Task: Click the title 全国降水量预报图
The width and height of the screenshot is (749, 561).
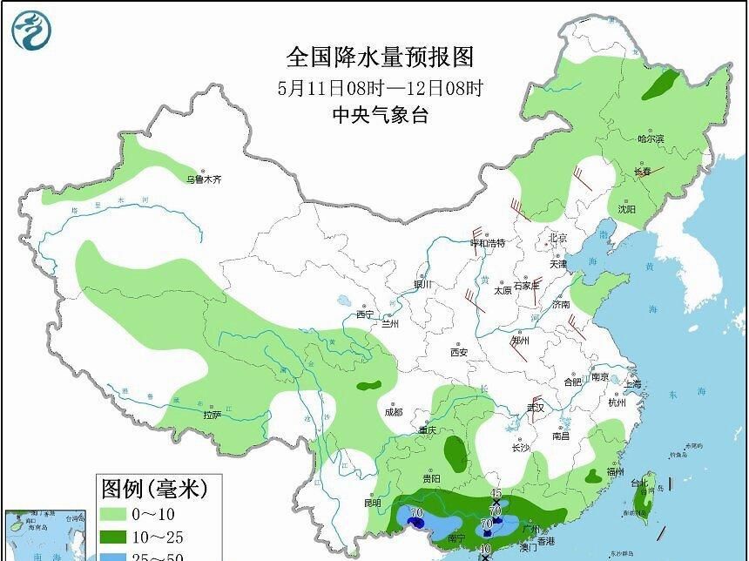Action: tap(380, 57)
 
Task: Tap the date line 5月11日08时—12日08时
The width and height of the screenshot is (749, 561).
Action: tap(380, 87)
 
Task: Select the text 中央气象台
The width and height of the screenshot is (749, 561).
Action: tap(380, 115)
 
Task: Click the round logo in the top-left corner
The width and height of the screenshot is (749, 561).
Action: tap(31, 30)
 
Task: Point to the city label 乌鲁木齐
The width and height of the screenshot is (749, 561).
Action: tap(204, 179)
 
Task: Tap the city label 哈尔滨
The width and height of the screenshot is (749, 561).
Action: tap(650, 139)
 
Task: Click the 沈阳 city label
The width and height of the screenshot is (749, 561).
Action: tap(626, 209)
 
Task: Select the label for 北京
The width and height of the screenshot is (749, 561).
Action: tap(557, 238)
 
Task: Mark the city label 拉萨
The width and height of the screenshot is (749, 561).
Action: tap(213, 416)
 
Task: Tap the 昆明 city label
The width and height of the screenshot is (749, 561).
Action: tap(373, 503)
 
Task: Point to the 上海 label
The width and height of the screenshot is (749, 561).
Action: tap(632, 384)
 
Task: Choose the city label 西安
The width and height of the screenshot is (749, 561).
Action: tap(459, 352)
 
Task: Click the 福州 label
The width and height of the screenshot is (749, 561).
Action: tap(616, 471)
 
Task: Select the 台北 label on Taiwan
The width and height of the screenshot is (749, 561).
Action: tap(639, 483)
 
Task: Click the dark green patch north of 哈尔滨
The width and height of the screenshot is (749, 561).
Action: tap(664, 84)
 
